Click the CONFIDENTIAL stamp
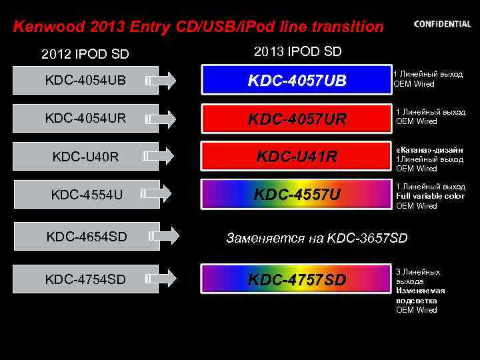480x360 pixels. pos(442,24)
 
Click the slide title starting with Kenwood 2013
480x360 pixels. pos(199,27)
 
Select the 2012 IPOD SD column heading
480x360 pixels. pos(85,53)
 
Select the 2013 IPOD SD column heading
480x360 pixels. pos(297,51)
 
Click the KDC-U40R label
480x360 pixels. pos(85,157)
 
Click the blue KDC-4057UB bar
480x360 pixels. pos(297,81)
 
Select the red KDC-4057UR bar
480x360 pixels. pos(297,119)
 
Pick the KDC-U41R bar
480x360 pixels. pos(297,157)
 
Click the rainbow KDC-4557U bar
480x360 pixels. pos(297,195)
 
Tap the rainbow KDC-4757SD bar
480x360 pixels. pos(297,279)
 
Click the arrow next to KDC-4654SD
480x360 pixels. pos(163,235)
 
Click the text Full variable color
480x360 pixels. pos(430,196)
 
